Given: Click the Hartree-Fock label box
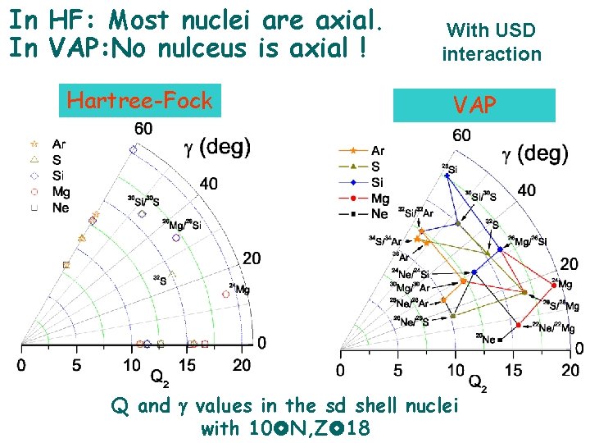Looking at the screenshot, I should click(x=139, y=101).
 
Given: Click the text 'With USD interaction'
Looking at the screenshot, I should click(x=492, y=43).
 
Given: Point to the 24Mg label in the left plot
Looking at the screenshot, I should click(x=239, y=289).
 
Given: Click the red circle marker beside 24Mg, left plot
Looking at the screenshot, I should click(x=226, y=294).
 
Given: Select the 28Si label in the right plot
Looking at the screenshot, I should click(x=449, y=168).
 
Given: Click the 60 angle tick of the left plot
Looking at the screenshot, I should click(x=143, y=129).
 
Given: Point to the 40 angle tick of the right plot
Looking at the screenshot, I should click(x=527, y=190).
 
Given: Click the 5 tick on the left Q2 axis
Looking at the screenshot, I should click(x=76, y=364).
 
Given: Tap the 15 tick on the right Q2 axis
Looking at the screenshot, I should click(x=514, y=371).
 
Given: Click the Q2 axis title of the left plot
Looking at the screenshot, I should click(x=161, y=377).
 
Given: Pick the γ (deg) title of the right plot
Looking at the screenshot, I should click(x=534, y=153).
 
